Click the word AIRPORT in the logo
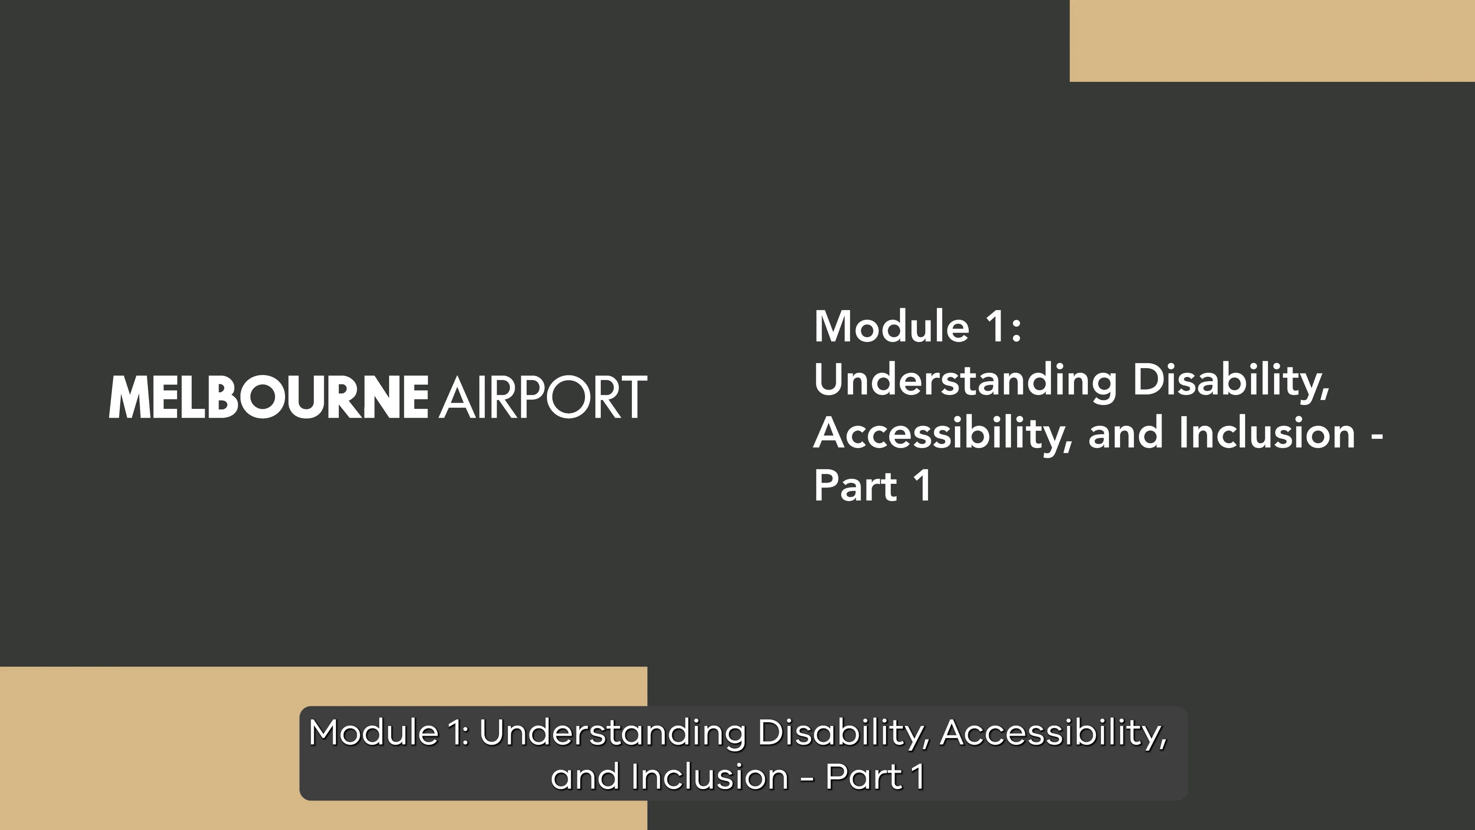tap(543, 397)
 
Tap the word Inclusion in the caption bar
tap(709, 777)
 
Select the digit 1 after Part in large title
tap(922, 486)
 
